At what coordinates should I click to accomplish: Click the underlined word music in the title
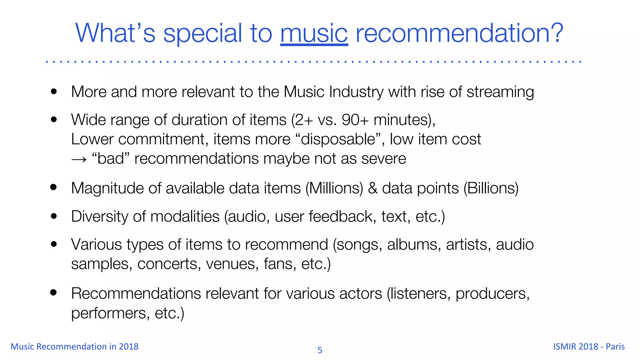pyautogui.click(x=314, y=34)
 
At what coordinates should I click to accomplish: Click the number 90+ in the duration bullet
pyautogui.click(x=355, y=120)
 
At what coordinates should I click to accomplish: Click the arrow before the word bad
pyautogui.click(x=79, y=159)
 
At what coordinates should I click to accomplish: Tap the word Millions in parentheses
pyautogui.click(x=334, y=188)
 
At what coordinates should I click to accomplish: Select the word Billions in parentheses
pyautogui.click(x=491, y=188)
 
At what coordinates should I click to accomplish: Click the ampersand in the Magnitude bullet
pyautogui.click(x=372, y=188)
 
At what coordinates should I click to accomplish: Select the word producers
pyautogui.click(x=492, y=294)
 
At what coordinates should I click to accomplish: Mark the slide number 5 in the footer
pyautogui.click(x=320, y=350)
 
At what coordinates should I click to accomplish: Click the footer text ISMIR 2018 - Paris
pyautogui.click(x=589, y=347)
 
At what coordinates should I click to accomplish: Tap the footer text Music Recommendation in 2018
pyautogui.click(x=74, y=347)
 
